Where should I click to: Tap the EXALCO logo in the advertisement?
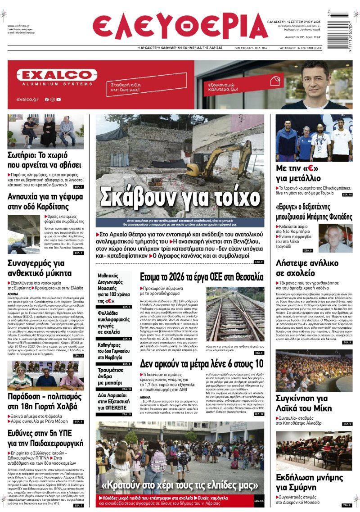point(57,75)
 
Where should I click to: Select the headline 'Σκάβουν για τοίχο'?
point(184,197)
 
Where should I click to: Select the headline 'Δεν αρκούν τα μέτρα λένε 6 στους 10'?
point(201,363)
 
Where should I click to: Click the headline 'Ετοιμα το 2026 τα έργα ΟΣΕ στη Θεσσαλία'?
point(202,276)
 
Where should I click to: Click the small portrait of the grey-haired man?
point(335,238)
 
